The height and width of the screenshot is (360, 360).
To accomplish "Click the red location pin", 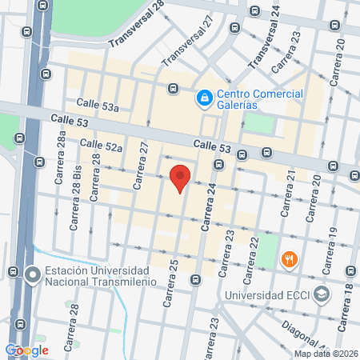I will point(181,178).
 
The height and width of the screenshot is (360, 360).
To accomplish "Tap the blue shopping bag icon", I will point(205,98).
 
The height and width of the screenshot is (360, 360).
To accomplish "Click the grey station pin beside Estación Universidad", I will point(32,275).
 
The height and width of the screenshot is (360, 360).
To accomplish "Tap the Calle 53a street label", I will point(98,107).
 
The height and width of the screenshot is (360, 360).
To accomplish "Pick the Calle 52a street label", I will point(101,145).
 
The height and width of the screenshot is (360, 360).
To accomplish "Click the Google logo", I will point(26,350).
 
